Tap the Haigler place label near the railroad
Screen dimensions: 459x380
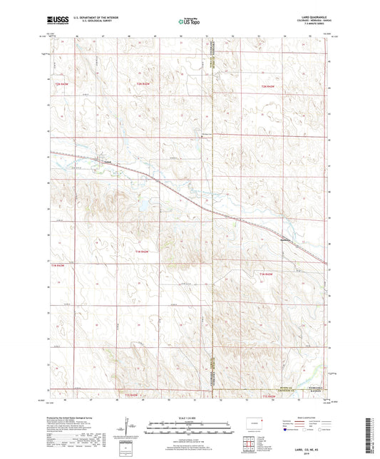coord(286,239)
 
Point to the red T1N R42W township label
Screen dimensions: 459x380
coord(143,252)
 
